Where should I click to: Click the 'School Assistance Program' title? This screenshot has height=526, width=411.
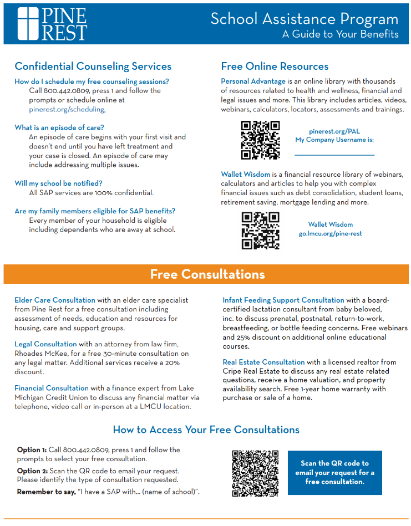(x=304, y=19)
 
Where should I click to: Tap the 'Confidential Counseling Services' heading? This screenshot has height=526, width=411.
(x=93, y=67)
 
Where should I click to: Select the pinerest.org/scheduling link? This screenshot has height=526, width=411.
(x=67, y=109)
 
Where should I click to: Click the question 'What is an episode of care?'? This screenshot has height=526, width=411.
(x=59, y=127)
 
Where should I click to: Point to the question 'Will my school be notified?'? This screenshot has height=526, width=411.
(x=58, y=183)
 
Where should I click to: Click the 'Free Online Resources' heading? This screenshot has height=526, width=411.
(x=275, y=67)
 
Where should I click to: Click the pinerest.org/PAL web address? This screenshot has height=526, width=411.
(x=334, y=131)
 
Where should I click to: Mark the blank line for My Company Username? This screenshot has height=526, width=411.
(x=334, y=154)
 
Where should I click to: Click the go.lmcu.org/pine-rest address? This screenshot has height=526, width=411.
(x=330, y=233)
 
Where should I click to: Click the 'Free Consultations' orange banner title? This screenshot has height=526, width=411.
(x=207, y=274)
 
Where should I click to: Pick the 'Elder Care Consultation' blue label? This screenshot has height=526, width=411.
(x=55, y=300)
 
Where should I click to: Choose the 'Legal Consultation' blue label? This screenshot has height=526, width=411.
(x=45, y=344)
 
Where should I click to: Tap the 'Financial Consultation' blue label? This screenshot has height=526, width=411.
(x=52, y=388)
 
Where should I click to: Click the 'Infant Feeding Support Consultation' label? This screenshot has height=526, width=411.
(x=283, y=300)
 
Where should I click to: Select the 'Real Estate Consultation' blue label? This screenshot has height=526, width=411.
(x=263, y=362)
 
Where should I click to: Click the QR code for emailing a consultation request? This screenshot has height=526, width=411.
(x=255, y=473)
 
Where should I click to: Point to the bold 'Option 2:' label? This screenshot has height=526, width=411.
(x=32, y=471)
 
